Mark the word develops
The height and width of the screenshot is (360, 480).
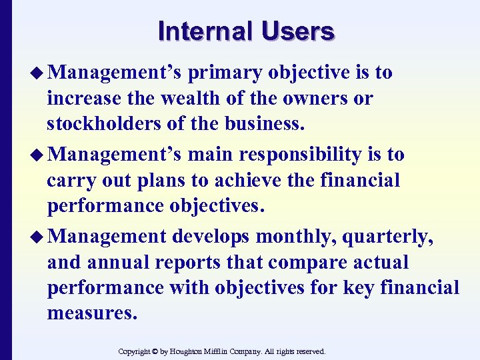pos(211,235)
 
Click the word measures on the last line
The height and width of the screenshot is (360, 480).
pos(92,313)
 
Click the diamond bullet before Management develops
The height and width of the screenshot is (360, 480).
pos(37,236)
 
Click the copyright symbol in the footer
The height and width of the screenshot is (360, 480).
pos(154,351)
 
